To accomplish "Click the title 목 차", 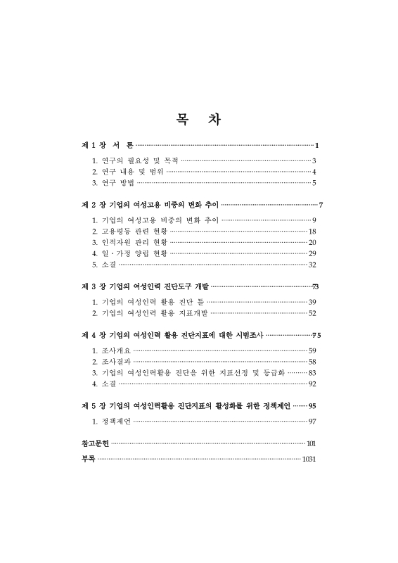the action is click(x=198, y=119).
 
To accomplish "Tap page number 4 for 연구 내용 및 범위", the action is click(x=314, y=172).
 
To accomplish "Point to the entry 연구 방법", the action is click(x=113, y=183).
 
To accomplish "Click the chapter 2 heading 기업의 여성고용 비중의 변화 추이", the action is click(x=150, y=205).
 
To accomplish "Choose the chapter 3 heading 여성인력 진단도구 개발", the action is click(x=146, y=286).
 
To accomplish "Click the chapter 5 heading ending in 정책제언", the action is click(x=186, y=405).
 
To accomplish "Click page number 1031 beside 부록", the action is click(x=309, y=460).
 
